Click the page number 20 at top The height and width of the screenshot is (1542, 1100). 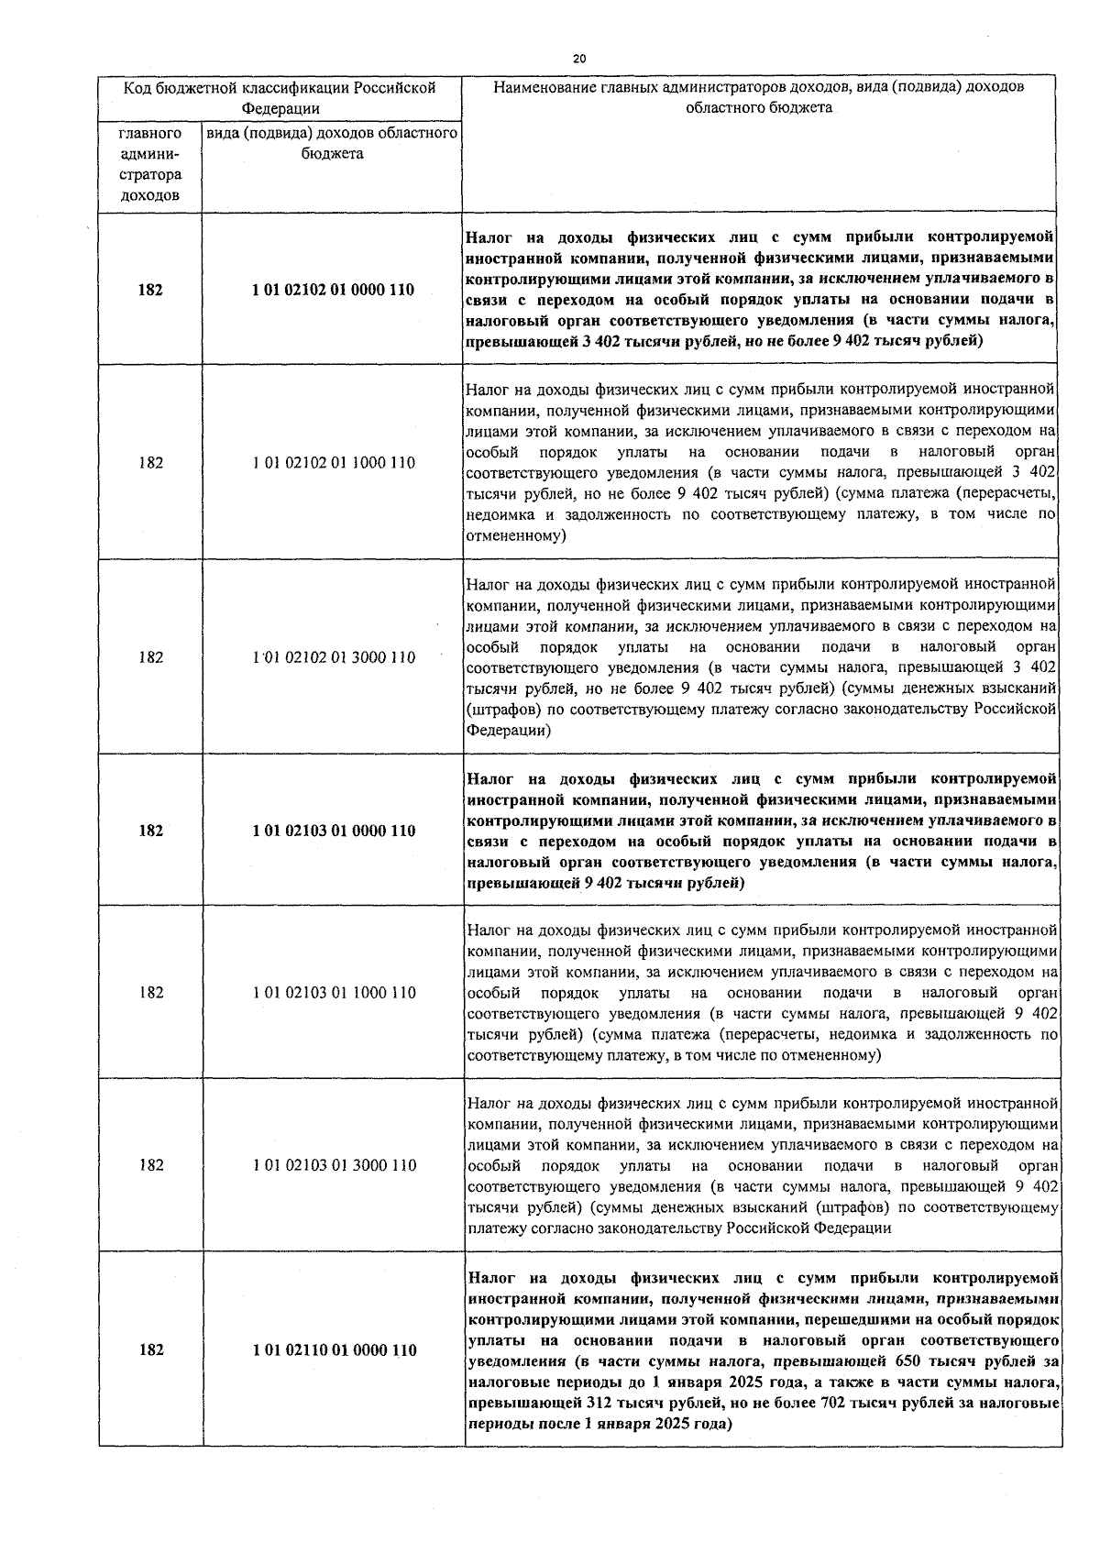click(579, 58)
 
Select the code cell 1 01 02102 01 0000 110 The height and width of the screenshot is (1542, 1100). click(333, 290)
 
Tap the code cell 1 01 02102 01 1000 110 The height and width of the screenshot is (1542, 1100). click(333, 463)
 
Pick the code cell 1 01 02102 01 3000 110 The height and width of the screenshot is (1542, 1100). click(333, 657)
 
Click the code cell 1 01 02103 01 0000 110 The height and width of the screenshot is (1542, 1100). click(333, 831)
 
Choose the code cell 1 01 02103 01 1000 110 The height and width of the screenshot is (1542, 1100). click(333, 992)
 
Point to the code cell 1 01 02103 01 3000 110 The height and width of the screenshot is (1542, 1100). click(333, 1165)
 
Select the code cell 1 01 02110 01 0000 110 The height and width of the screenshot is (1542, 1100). click(333, 1349)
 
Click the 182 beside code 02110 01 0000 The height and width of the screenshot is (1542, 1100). click(151, 1349)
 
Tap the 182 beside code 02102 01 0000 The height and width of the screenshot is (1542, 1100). click(151, 290)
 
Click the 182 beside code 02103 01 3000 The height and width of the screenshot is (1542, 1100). click(151, 1165)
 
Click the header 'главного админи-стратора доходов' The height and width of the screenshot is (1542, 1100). click(150, 164)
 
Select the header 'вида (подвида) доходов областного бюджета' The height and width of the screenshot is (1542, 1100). click(332, 143)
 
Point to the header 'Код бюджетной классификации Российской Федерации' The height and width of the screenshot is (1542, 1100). click(280, 98)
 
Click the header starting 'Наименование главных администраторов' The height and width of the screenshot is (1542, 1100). click(759, 97)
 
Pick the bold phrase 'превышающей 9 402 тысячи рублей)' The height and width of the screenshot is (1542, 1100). click(605, 883)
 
